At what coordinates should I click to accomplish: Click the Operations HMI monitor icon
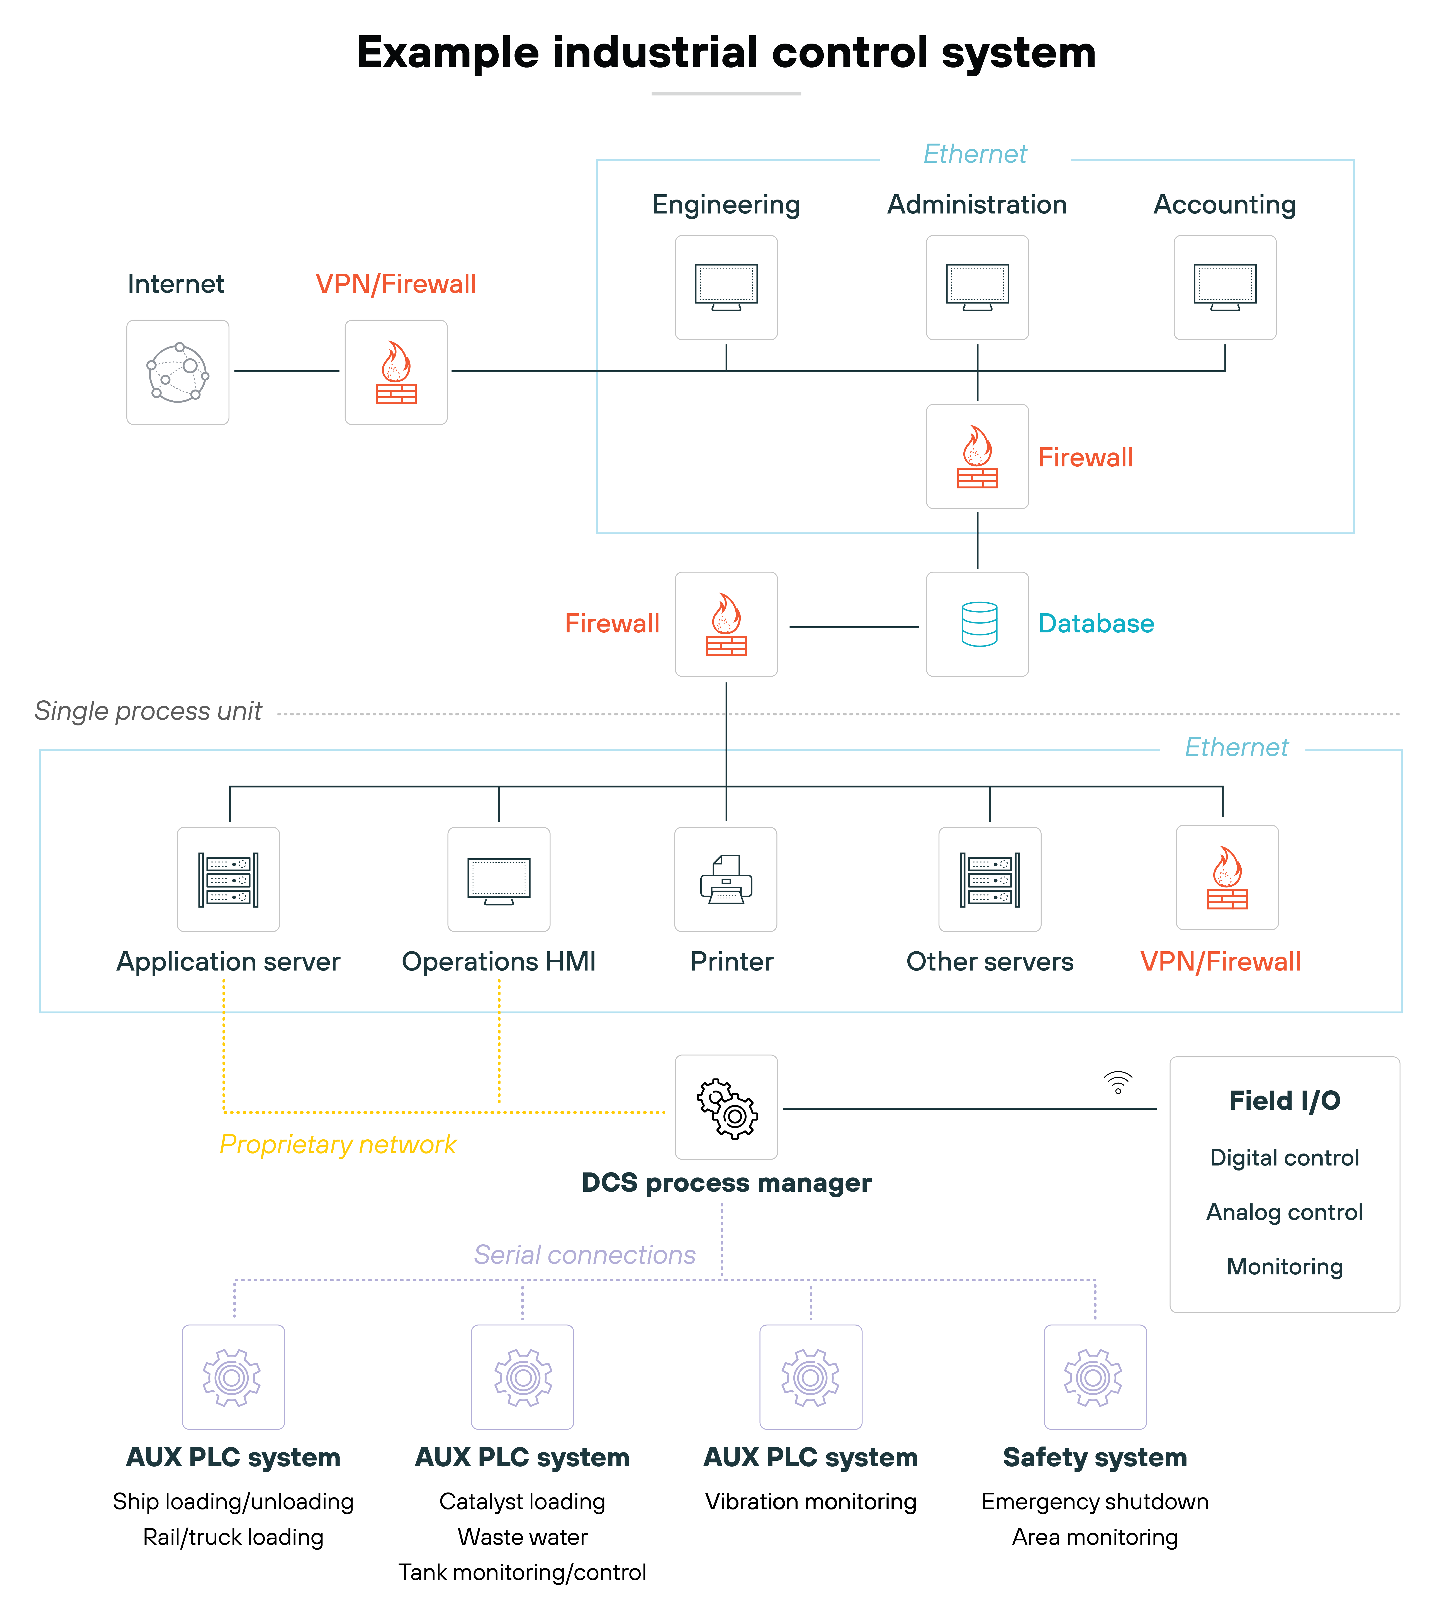499,881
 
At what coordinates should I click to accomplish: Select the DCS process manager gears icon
726,1108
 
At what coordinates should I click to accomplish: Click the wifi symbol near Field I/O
1118,1082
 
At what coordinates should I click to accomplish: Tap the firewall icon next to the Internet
396,373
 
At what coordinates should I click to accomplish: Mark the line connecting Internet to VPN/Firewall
287,371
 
